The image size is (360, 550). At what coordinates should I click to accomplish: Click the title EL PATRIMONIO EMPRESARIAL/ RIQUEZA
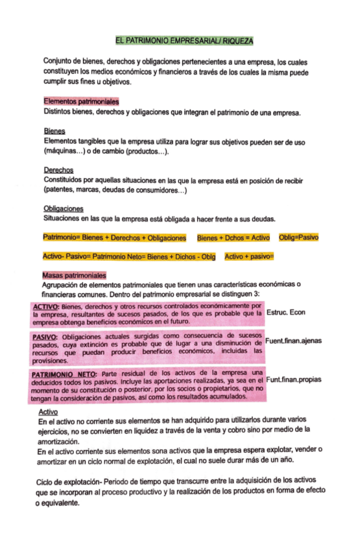coord(184,40)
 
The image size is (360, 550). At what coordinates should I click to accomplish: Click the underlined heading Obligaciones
coord(63,208)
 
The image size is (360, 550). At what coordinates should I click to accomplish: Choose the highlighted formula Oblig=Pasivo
coord(298,238)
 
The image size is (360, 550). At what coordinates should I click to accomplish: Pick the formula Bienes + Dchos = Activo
coord(233,238)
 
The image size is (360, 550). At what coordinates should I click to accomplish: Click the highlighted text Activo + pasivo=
coord(249,257)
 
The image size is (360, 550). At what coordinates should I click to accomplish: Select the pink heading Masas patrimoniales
coord(73,276)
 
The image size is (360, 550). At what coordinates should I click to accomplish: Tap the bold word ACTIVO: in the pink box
coord(46,306)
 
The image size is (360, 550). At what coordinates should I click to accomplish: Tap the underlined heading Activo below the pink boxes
coord(49,411)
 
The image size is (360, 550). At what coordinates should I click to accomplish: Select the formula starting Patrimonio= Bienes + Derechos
coord(114,238)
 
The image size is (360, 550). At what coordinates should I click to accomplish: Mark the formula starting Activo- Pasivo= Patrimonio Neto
coord(128,257)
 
